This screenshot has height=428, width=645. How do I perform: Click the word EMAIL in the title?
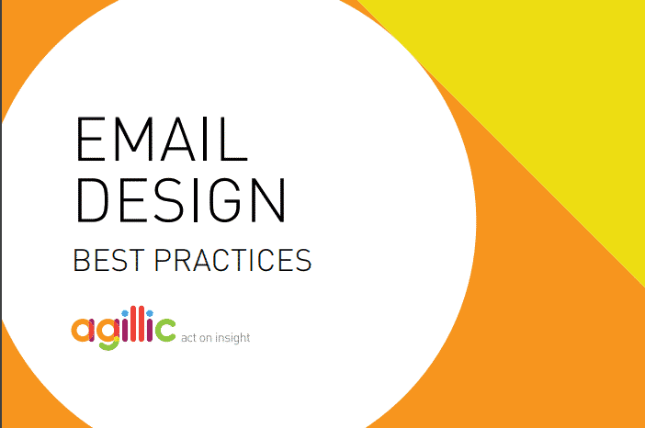point(162,139)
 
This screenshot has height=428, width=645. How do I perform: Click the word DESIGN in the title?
point(181,200)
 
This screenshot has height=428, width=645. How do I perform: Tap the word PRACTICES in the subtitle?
point(232,260)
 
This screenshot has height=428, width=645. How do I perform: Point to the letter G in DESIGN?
point(225,200)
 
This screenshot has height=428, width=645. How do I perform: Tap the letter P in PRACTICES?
point(162,260)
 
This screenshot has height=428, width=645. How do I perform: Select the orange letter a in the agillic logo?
point(83,330)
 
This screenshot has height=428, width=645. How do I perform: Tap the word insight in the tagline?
point(232,338)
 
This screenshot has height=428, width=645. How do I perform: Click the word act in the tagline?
point(188,338)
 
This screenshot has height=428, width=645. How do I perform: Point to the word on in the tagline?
point(206,338)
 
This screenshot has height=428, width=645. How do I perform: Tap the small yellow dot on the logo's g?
point(117,340)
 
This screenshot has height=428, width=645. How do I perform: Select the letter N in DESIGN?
point(268,200)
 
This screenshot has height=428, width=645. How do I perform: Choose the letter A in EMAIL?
point(177,139)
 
